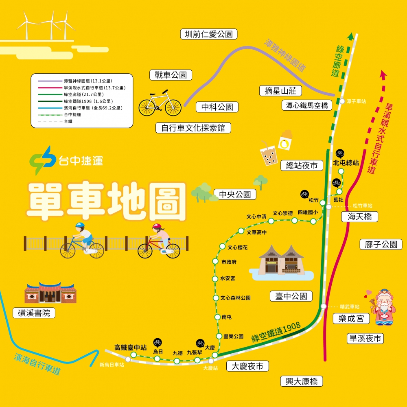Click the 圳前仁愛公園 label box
208,34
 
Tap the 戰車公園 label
171,75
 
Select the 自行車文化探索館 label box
193,128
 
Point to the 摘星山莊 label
280,91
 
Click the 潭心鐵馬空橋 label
307,105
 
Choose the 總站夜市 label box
302,165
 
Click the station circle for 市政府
215,261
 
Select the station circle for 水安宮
215,279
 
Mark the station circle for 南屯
217,317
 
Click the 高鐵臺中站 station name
130,348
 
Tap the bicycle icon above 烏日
158,342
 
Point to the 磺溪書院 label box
34,313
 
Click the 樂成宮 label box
351,318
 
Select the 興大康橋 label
302,381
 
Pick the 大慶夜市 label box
247,366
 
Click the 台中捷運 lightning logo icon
42,160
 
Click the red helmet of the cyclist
157,227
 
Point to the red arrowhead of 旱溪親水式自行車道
382,74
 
